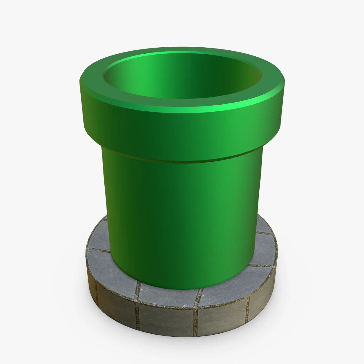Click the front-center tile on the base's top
(168, 296)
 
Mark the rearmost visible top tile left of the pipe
(102, 229)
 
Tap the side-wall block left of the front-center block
(117, 305)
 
